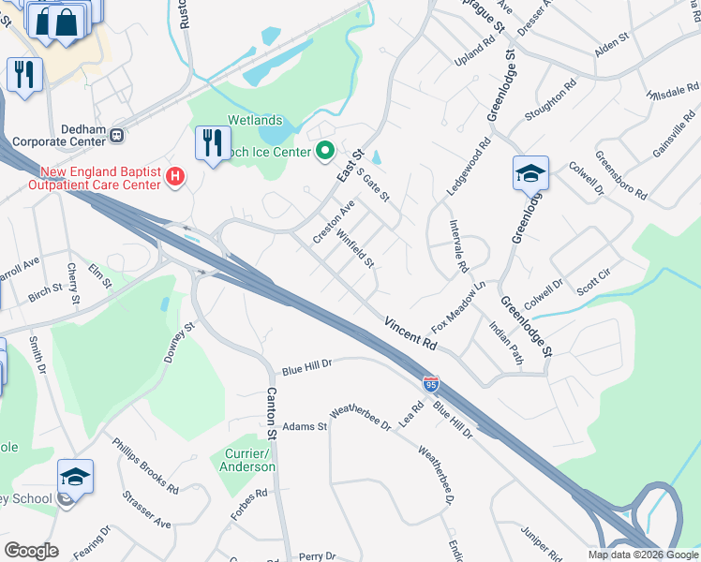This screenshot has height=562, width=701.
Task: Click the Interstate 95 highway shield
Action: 430,384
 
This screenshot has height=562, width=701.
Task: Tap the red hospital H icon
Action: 174,176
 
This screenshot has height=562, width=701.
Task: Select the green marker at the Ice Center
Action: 325,150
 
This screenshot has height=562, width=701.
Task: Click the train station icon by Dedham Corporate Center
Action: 117,135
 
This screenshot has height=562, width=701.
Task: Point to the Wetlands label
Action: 255,121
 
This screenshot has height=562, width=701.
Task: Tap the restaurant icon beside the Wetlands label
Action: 213,143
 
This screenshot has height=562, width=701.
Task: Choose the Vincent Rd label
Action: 410,332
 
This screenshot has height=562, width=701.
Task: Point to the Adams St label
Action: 305,426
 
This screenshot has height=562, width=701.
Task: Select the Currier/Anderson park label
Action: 248,460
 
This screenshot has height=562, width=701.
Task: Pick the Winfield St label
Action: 355,249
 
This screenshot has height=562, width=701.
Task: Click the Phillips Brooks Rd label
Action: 145,465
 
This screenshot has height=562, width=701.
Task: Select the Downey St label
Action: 178,342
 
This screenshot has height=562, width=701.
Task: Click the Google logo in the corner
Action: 31,551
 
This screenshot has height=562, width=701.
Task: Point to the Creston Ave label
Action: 334,222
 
